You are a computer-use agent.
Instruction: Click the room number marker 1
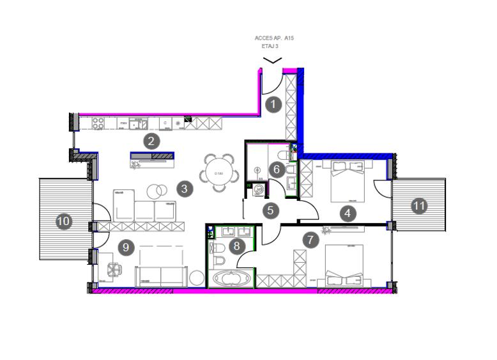[x=273, y=104]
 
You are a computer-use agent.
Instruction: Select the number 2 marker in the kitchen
[x=151, y=141]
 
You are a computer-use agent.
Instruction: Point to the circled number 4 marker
[x=348, y=214]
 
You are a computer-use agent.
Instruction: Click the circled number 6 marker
[x=277, y=169]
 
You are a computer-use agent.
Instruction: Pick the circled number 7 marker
[x=310, y=240]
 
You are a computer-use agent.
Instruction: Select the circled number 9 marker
[x=126, y=246]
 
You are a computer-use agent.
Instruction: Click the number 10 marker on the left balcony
[x=63, y=221]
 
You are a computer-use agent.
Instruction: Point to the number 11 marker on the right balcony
[x=419, y=206]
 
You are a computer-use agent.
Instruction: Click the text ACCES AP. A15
[x=274, y=38]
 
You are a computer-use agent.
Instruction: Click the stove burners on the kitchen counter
[x=99, y=122]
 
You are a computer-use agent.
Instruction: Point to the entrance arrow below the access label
[x=273, y=61]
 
